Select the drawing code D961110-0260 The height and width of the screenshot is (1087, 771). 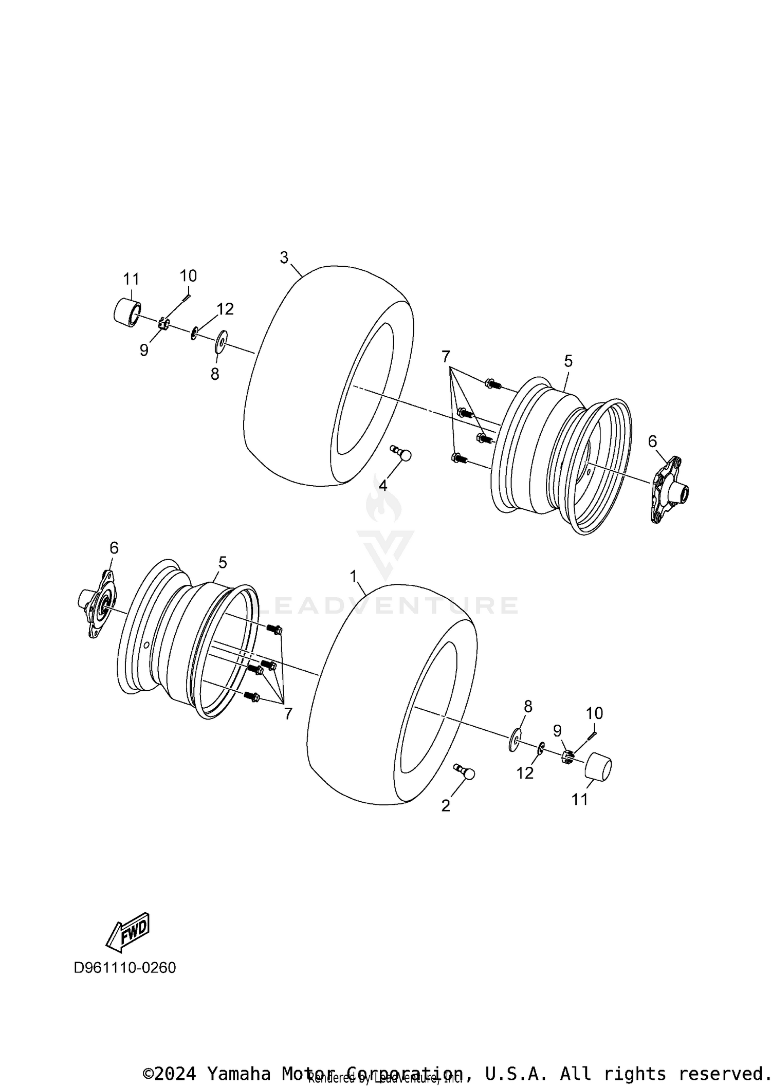(x=125, y=968)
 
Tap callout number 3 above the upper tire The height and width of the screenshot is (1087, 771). (x=284, y=257)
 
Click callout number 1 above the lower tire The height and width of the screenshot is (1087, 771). (x=353, y=577)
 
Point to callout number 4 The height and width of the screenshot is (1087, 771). (x=383, y=485)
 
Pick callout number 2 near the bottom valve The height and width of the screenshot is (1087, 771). (x=446, y=805)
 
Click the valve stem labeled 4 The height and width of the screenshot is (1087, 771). (x=401, y=453)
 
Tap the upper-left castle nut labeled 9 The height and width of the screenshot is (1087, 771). (x=163, y=324)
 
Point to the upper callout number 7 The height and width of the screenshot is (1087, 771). (x=446, y=356)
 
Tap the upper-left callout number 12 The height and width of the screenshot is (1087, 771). (x=225, y=309)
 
